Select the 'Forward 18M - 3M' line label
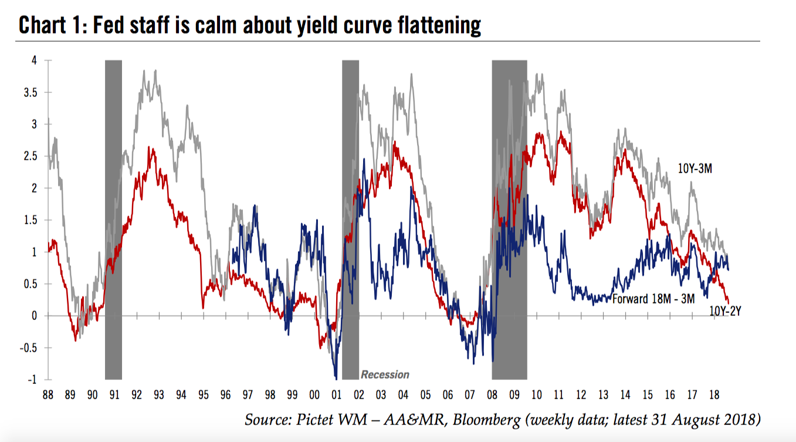(x=653, y=299)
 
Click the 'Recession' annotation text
(x=385, y=374)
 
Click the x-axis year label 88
(x=48, y=394)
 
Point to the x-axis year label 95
(x=204, y=394)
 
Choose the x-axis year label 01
(x=337, y=394)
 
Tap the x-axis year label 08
(x=492, y=394)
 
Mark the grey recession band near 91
(x=113, y=220)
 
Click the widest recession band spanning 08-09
(x=509, y=220)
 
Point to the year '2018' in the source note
(x=740, y=420)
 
